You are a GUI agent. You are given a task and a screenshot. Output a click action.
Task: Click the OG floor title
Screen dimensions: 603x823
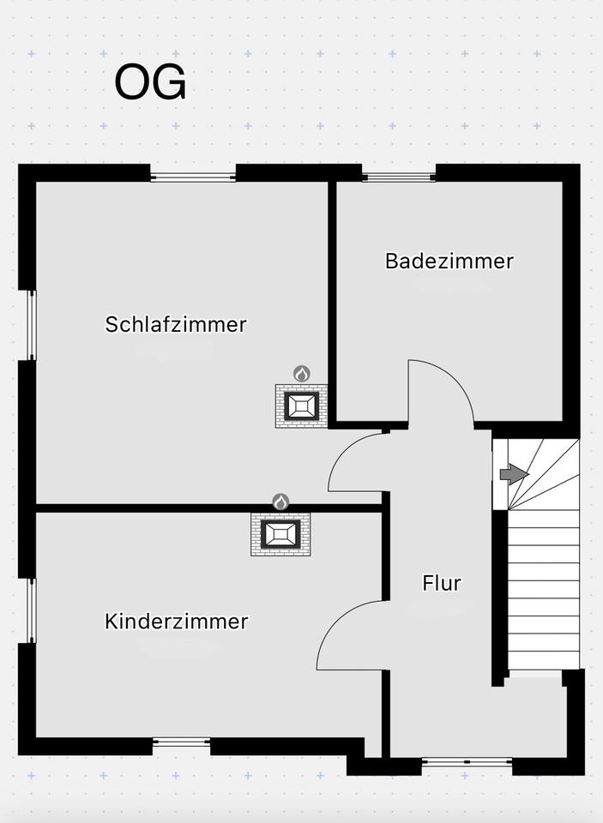click(150, 82)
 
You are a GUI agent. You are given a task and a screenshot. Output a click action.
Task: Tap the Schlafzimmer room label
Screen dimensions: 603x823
click(176, 324)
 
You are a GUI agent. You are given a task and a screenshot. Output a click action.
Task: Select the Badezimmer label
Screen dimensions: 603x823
click(449, 261)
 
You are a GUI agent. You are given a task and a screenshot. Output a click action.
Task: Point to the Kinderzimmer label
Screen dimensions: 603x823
click(176, 621)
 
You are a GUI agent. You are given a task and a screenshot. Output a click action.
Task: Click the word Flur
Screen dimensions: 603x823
click(441, 583)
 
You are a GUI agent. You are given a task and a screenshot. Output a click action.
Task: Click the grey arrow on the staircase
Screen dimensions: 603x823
click(514, 474)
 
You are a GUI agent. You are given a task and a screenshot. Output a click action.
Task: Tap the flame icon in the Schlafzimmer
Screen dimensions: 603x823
click(302, 374)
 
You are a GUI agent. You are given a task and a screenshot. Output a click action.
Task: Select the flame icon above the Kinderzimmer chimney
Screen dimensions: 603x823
click(281, 502)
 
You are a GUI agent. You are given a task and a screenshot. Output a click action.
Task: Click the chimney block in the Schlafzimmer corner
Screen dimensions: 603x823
click(301, 405)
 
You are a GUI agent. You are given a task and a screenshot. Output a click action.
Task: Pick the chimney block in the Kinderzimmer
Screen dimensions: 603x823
click(280, 534)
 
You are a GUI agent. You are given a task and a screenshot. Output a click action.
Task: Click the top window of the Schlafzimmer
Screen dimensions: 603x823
click(193, 177)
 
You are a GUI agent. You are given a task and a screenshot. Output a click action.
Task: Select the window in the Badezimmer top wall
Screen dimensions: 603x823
click(399, 177)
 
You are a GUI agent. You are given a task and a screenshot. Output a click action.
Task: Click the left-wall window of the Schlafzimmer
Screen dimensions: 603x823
click(32, 326)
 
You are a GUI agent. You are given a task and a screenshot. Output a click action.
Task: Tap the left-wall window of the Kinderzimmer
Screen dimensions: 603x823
click(32, 610)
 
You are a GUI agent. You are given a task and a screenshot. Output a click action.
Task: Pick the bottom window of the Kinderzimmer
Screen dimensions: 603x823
click(182, 742)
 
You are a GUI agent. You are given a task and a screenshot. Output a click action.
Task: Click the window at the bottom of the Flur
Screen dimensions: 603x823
click(467, 761)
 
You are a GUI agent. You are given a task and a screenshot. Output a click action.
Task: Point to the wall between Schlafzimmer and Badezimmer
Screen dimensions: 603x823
click(332, 302)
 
